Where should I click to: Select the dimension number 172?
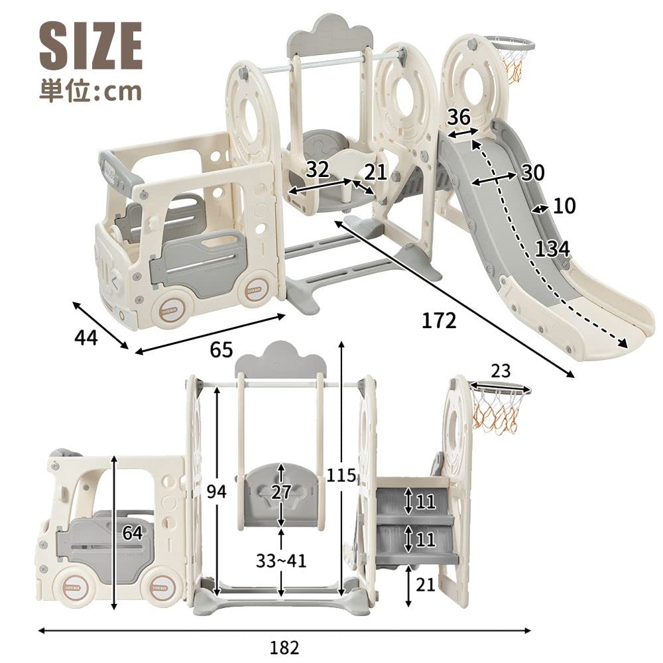click(440, 321)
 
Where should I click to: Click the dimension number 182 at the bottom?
click(284, 648)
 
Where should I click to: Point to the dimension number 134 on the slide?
click(552, 249)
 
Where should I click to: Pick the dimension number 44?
click(86, 337)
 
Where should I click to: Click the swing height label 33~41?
click(280, 561)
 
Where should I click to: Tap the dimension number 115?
click(341, 475)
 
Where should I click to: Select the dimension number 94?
click(217, 491)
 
